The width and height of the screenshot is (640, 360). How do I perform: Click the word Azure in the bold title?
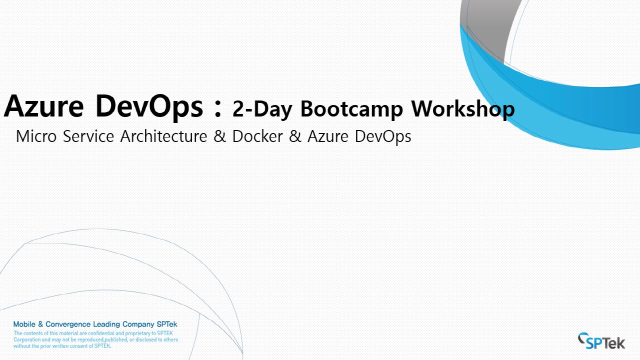[x=43, y=106]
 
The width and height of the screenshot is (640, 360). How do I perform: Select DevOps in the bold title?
[x=149, y=107]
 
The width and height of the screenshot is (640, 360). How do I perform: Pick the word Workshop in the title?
[x=463, y=109]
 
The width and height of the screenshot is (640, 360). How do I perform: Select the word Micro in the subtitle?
[x=36, y=136]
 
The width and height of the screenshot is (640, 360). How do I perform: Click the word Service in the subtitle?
[x=88, y=136]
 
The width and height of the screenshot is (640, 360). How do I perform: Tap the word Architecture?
[x=163, y=136]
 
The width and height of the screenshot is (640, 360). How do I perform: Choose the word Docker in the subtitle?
[x=257, y=136]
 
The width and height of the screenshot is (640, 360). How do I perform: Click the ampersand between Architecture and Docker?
[x=219, y=136]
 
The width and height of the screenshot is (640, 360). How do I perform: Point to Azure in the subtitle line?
[x=327, y=136]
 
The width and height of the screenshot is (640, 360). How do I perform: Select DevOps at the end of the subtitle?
[x=383, y=136]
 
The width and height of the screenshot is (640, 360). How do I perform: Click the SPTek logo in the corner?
[x=601, y=341]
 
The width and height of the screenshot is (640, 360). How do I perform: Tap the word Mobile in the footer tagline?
[x=24, y=324]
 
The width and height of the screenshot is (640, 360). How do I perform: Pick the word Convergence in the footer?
[x=68, y=324]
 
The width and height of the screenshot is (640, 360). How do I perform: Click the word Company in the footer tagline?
[x=138, y=324]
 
